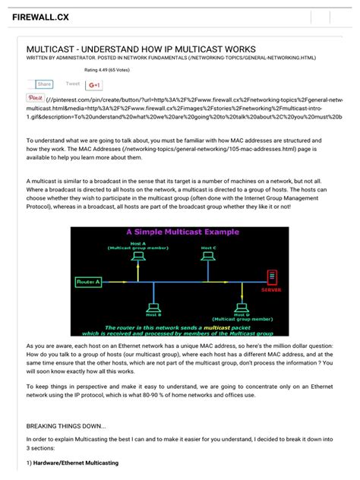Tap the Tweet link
[x=73, y=84]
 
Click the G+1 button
[x=95, y=84]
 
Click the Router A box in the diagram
[x=89, y=282]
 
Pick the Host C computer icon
[x=209, y=259]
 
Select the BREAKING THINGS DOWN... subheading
[x=66, y=426]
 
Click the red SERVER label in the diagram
[x=271, y=289]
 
